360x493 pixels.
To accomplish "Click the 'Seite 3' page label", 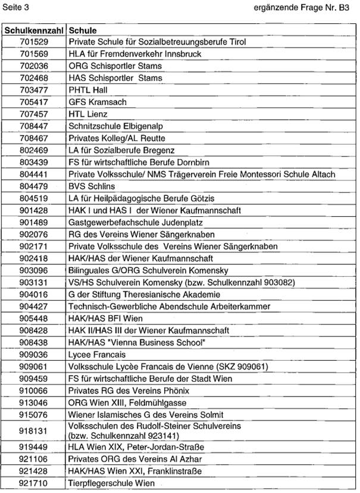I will click(16, 7).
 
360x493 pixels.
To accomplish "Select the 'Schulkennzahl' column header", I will click(33, 30).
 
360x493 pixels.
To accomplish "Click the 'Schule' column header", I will click(83, 30).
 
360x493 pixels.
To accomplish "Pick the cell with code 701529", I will click(33, 42).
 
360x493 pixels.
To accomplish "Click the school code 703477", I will click(33, 90).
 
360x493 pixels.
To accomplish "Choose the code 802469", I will click(33, 150).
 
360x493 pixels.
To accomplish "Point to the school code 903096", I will click(33, 270).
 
